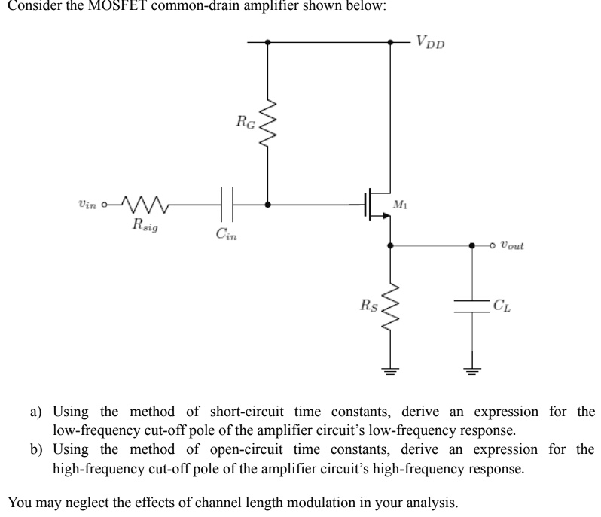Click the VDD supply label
[431, 41]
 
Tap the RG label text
[246, 120]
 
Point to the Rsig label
[145, 224]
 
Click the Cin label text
[227, 235]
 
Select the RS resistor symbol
[390, 306]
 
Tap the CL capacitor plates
[473, 306]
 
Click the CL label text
[500, 306]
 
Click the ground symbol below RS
[390, 370]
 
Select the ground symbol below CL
[473, 370]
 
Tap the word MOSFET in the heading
[106, 6]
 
